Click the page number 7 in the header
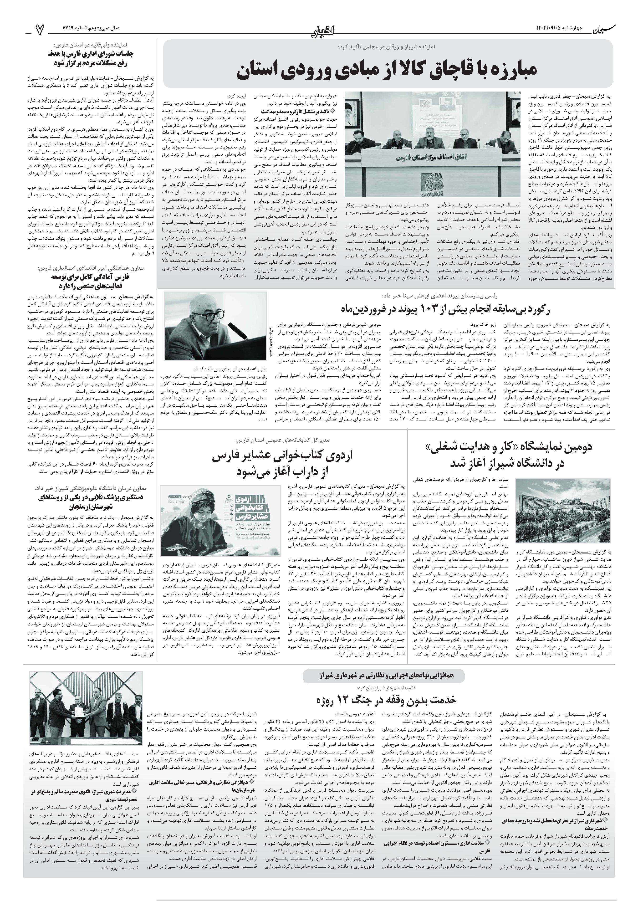[x=40, y=28]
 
